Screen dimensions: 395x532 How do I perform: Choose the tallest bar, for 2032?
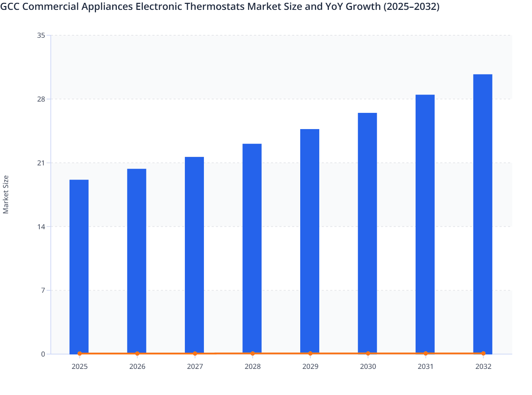[x=483, y=214]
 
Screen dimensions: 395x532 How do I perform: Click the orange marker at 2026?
[x=137, y=353]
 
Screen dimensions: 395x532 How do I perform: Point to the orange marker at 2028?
[x=253, y=353]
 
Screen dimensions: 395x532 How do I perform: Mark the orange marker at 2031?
[x=425, y=353]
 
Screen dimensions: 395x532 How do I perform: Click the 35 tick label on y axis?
[x=41, y=35]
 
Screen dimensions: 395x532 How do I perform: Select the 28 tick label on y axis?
[x=41, y=99]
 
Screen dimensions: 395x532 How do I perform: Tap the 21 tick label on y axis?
[x=41, y=163]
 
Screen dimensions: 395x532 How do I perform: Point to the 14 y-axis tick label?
[x=41, y=227]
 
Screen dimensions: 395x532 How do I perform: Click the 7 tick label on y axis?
[x=43, y=291]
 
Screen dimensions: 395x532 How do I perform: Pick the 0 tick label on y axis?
[x=43, y=354]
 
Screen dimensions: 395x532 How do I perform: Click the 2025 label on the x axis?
[x=79, y=367]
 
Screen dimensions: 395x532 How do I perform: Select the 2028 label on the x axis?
[x=253, y=367]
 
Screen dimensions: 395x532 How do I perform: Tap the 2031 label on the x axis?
[x=425, y=367]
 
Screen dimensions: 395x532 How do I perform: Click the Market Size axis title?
[x=6, y=194]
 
